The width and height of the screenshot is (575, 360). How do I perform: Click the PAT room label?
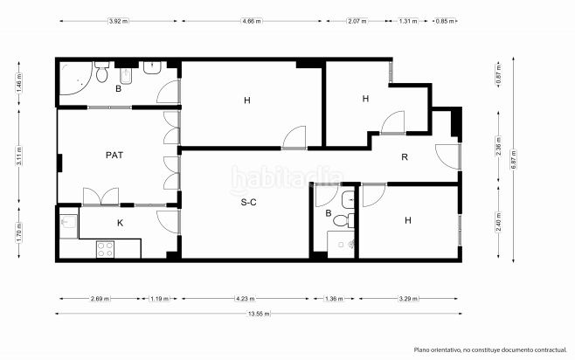(x=114, y=155)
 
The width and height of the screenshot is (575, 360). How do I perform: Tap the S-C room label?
(x=248, y=203)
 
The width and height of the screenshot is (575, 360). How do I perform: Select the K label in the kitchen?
(x=121, y=223)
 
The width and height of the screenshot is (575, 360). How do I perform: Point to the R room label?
(x=405, y=157)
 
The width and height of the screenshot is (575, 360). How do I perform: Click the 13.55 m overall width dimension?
(x=259, y=314)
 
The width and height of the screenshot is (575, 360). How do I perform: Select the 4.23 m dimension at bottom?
(x=246, y=299)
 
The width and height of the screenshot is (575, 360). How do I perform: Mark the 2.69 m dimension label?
(x=101, y=299)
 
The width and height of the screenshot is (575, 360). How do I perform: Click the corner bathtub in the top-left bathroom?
(x=76, y=83)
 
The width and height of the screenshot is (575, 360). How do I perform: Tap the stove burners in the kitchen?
(x=106, y=249)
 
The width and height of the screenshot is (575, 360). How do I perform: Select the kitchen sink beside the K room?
(x=70, y=225)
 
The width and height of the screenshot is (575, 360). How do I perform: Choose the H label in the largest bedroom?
(x=247, y=100)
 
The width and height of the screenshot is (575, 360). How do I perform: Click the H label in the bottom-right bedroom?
(x=407, y=220)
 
